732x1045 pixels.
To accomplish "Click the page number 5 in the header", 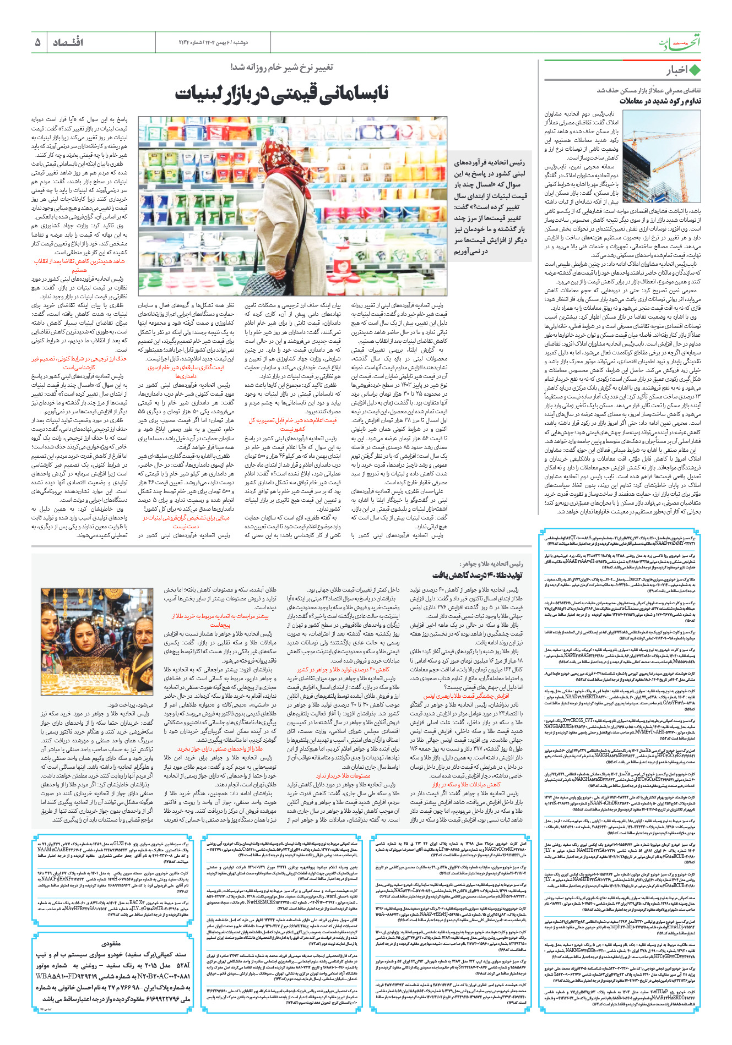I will coord(38,42).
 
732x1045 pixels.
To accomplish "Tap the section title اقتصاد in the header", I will coord(68,42).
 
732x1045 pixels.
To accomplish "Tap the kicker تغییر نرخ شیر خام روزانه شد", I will coord(281,68).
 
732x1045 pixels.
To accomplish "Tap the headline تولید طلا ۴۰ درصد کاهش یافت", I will coord(477,576).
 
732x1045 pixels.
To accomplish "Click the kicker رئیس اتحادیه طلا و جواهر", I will coord(491,564).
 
